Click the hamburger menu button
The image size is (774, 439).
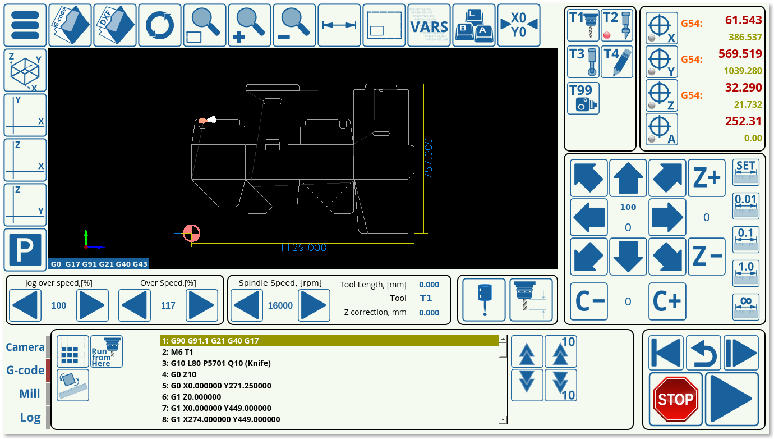pos(25,25)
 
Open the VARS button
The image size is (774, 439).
pos(429,25)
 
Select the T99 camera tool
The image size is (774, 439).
pos(583,98)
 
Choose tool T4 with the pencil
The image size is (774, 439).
pos(617,62)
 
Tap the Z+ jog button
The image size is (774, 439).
pos(706,178)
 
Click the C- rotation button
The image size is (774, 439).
pos(589,301)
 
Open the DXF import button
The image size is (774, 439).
pos(115,25)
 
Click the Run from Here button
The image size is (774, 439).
pos(107,351)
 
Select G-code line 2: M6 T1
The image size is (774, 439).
pos(178,352)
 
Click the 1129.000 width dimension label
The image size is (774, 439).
pos(303,248)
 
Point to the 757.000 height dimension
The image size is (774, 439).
pos(428,158)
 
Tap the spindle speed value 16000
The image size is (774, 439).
pos(280,305)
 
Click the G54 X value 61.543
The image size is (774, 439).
pos(743,20)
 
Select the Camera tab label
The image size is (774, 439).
pos(25,347)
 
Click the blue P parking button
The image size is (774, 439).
pos(25,250)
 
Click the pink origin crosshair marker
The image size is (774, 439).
pos(191,233)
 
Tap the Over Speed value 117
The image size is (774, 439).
pos(168,305)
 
